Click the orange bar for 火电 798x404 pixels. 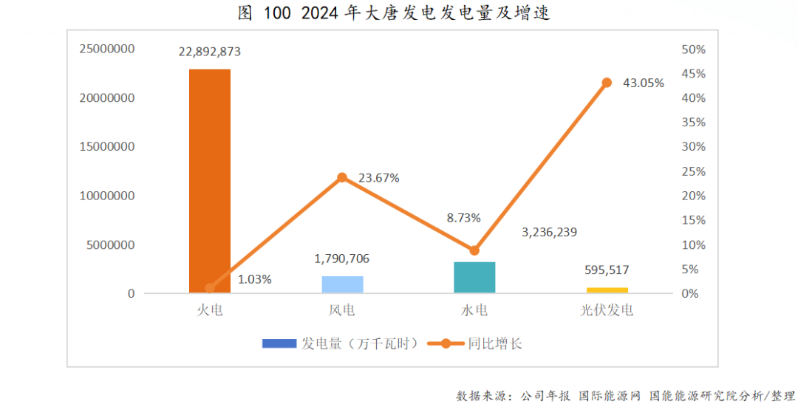click(210, 181)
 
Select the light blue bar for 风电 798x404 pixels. click(342, 284)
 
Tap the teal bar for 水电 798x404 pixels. click(474, 278)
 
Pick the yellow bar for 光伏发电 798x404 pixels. click(607, 290)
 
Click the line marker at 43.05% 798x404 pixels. click(607, 83)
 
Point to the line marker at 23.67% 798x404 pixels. click(342, 177)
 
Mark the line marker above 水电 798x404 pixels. click(474, 250)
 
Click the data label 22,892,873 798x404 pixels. click(210, 52)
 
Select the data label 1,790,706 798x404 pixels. click(342, 259)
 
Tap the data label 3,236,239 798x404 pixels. click(549, 232)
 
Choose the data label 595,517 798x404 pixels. click(607, 270)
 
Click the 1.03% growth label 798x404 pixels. click(255, 279)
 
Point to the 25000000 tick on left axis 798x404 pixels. click(108, 49)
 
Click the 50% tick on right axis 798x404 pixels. click(693, 49)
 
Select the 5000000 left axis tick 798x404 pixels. click(111, 244)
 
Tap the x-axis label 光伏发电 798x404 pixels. click(607, 310)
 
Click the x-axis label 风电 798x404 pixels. click(342, 310)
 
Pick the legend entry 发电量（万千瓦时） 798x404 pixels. click(344, 343)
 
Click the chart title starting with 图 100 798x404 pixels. click(394, 13)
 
